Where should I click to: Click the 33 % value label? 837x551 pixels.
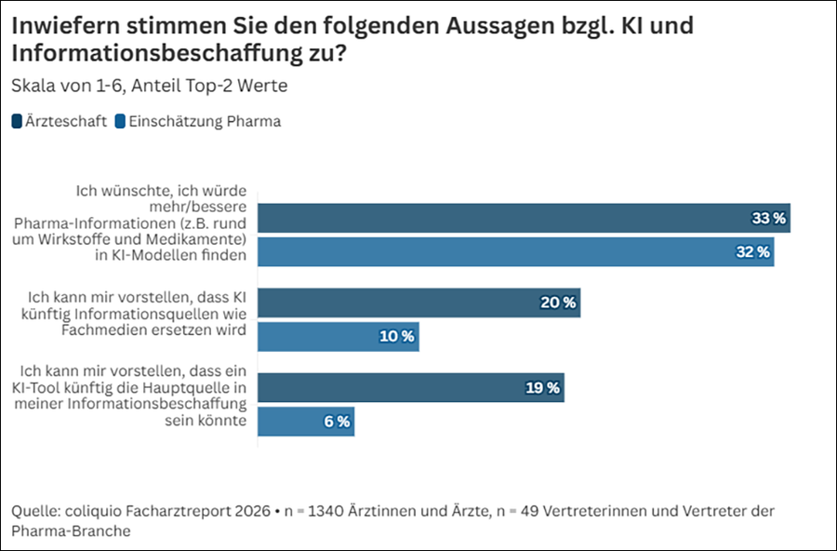[x=769, y=218]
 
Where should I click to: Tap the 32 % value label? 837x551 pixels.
[x=752, y=251]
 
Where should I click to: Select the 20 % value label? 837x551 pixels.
[x=558, y=303]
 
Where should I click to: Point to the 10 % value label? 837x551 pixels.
[x=396, y=336]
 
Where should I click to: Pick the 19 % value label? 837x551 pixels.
[x=542, y=387]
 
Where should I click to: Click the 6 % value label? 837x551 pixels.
[x=337, y=422]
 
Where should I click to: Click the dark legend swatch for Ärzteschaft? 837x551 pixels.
[x=17, y=121]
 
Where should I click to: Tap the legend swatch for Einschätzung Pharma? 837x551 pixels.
[x=120, y=121]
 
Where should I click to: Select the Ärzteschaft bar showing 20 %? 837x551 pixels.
[x=419, y=303]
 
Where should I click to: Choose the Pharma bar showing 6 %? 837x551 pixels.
[x=306, y=422]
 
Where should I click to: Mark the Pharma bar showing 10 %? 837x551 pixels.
[x=339, y=336]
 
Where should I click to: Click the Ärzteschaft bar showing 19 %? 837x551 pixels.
[x=411, y=387]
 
